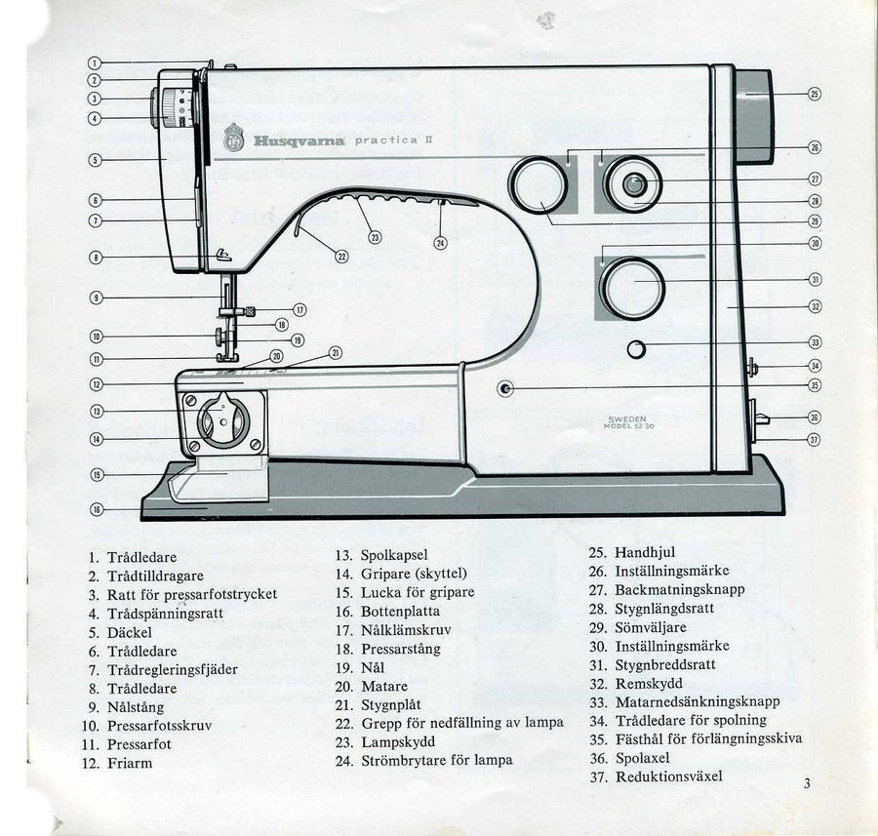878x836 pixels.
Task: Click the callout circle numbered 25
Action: (815, 94)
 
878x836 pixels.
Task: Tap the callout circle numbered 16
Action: (97, 509)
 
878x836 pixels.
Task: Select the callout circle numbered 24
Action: (440, 242)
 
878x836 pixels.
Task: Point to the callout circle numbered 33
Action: (815, 342)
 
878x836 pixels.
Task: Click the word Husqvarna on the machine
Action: (299, 140)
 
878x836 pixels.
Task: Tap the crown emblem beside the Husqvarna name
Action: (234, 138)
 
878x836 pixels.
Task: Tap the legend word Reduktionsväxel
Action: (668, 776)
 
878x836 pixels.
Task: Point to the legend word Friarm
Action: (130, 763)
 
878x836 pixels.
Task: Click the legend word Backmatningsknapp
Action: (679, 589)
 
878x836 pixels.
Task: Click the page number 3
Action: (808, 782)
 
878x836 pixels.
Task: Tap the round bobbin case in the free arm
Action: (223, 423)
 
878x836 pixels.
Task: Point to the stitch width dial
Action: (632, 287)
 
